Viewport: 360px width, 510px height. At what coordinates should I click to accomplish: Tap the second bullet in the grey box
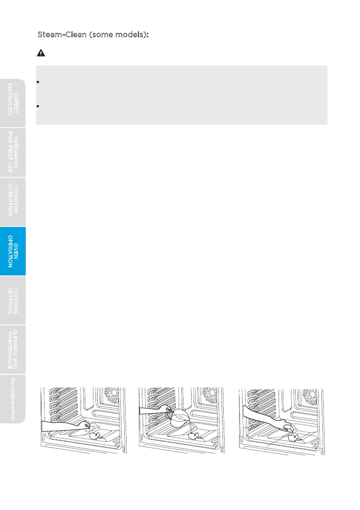click(x=39, y=105)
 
